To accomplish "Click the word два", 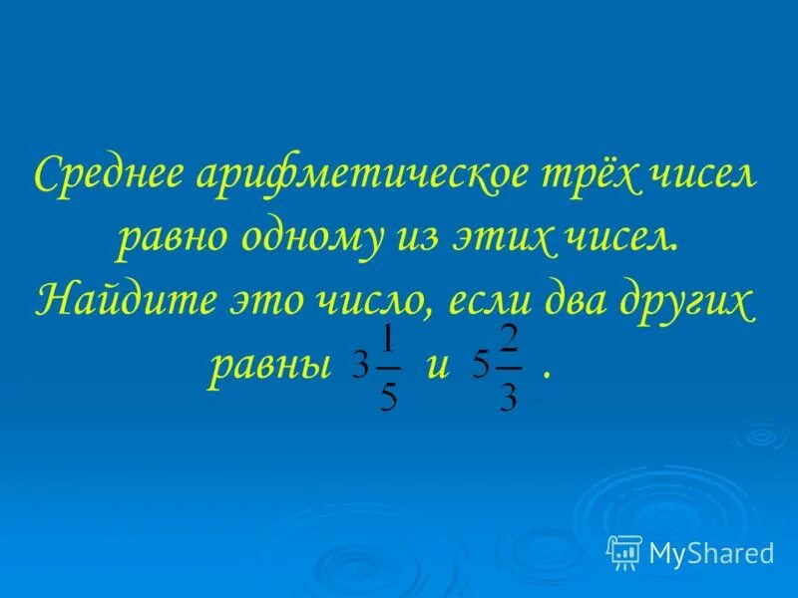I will coord(576,299).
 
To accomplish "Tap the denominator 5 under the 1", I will coord(389,396).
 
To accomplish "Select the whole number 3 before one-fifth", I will coord(360,368).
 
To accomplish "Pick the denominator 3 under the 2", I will coord(509,396).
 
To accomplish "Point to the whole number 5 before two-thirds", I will coord(480,368).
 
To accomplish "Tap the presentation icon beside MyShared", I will coord(624,551).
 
